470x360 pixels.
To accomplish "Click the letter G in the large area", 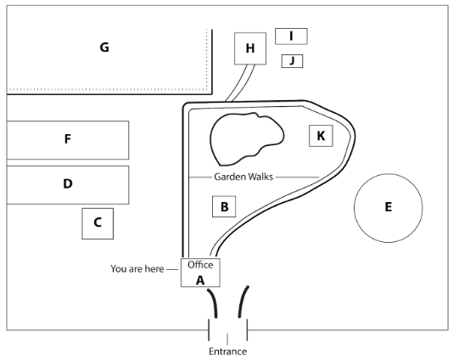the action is coord(104,48).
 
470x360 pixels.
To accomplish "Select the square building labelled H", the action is coord(250,48).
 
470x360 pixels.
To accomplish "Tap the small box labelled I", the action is coord(291,37).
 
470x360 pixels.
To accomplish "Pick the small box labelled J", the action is coord(292,61).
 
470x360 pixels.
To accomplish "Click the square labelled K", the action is coord(321,136).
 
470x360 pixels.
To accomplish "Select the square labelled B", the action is coord(224,206).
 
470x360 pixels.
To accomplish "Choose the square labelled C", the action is coord(98,223).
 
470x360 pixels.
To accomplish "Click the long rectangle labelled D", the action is coord(68,185).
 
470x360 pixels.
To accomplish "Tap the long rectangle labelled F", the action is coord(68,140).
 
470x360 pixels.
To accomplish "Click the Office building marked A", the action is coord(200,273).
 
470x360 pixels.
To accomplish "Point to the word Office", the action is coord(200,265).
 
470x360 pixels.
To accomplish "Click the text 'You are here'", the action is coord(137,269).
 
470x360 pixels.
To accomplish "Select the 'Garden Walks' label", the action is coord(243,177).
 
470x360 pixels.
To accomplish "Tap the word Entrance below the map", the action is coord(228,352).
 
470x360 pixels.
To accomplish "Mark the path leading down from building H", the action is coord(241,82).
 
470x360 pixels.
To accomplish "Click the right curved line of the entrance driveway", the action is coord(243,301).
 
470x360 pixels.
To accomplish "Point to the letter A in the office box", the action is coord(200,280).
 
